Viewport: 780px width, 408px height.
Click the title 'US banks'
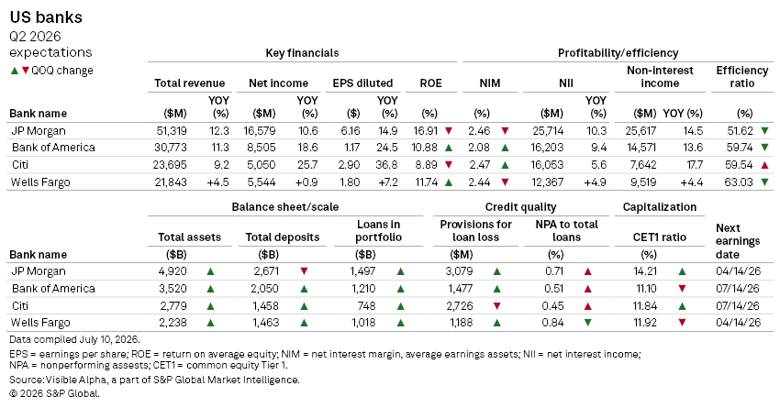[46, 17]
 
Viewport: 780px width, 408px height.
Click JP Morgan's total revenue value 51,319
[171, 131]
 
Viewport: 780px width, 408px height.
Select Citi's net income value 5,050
[262, 164]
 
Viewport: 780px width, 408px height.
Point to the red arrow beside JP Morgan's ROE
[449, 131]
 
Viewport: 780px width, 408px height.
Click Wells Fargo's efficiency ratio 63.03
[739, 182]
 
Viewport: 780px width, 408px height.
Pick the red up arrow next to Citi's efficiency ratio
[764, 164]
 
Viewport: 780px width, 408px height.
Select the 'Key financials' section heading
[302, 53]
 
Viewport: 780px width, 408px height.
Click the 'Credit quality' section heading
[521, 207]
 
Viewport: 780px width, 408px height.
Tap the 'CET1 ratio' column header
[660, 237]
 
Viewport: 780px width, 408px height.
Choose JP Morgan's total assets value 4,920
[173, 271]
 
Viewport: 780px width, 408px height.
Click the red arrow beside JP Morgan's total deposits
[304, 271]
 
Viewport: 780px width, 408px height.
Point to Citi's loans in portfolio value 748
[366, 305]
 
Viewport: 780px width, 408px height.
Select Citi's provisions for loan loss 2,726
[459, 305]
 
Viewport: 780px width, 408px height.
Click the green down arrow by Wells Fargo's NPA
[587, 323]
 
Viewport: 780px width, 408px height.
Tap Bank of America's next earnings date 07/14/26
[738, 288]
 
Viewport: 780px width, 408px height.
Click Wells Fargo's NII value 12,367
[547, 182]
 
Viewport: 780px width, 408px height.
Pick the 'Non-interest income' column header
[660, 76]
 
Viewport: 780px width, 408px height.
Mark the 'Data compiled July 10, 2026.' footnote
[74, 339]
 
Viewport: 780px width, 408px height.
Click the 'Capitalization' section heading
[660, 207]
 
